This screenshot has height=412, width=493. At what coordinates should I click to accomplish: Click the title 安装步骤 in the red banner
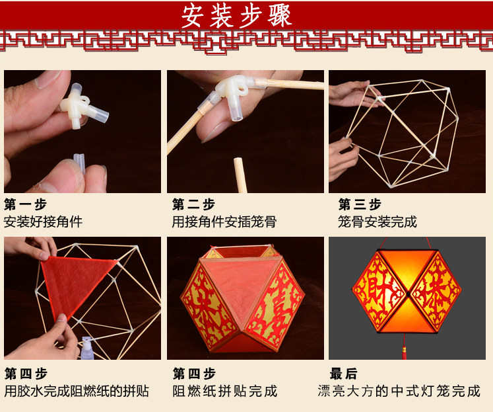pos(236,16)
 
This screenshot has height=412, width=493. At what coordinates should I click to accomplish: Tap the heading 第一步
pos(26,204)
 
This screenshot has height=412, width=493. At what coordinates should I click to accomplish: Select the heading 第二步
pos(193,204)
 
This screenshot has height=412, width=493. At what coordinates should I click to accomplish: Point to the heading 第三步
pos(360,204)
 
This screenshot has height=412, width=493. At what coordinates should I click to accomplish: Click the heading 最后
pos(344,374)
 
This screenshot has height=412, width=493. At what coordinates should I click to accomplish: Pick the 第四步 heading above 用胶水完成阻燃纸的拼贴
pos(26,374)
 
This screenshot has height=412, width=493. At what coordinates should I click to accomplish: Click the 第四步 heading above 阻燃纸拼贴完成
pos(194,374)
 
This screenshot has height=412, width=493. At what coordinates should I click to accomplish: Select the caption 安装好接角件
pos(43,222)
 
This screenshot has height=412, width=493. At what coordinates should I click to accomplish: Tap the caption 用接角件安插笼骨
pos(224,222)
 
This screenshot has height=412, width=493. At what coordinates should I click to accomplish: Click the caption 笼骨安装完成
pos(378,222)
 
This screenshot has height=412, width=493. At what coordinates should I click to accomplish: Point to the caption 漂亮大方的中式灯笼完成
pos(399,391)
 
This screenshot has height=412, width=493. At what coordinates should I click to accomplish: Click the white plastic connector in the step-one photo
pos(82,106)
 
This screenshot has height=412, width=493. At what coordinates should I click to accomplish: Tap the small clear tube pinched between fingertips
pos(79,163)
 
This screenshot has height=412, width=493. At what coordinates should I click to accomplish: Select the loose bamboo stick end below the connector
pos(240,175)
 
